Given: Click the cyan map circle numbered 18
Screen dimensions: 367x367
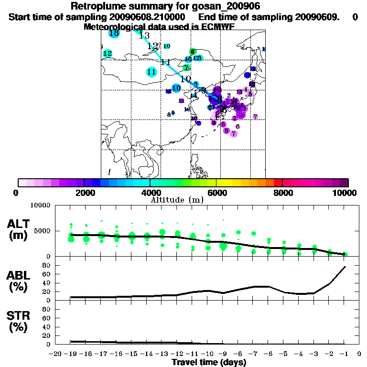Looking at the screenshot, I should point(114,33).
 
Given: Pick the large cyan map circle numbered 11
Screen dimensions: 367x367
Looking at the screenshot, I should point(152,72).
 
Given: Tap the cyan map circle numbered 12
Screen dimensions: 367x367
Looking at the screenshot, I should point(108,54).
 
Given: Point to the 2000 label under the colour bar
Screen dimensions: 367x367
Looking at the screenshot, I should point(84,193).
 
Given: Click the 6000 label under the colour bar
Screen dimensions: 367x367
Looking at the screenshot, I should point(216,193).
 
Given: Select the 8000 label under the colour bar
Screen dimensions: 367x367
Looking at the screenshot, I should point(283,193).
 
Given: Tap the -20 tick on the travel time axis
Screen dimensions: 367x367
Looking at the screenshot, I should point(55,354).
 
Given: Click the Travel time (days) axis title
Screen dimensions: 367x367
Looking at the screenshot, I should point(209,362).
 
